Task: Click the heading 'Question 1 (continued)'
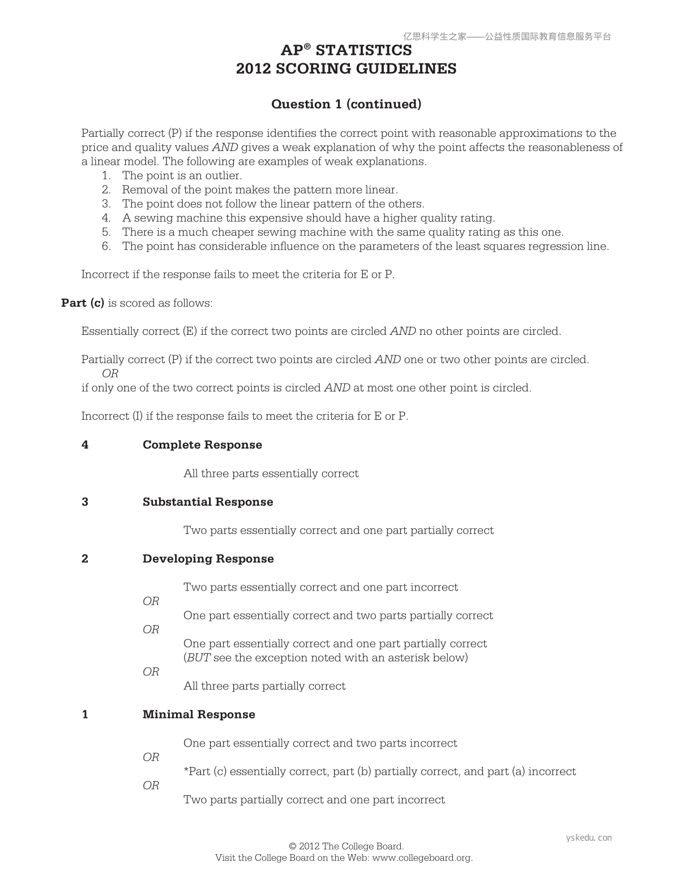point(346,104)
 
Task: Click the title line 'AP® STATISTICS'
point(346,50)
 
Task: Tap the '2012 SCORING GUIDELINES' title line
point(346,69)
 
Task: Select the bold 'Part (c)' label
point(83,303)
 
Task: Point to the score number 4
point(85,445)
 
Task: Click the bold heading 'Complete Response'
point(202,445)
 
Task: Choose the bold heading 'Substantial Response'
point(208,502)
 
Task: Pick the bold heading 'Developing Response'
point(208,559)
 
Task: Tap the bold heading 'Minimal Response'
point(199,714)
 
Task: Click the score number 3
point(85,502)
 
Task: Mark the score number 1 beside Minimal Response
point(85,714)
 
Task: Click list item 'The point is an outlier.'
point(182,176)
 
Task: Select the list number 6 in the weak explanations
point(106,247)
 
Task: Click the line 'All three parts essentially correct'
point(271,473)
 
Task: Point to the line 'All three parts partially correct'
point(264,686)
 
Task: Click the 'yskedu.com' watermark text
point(589,838)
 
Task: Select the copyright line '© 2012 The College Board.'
point(346,847)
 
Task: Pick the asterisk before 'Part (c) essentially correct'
point(186,770)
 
